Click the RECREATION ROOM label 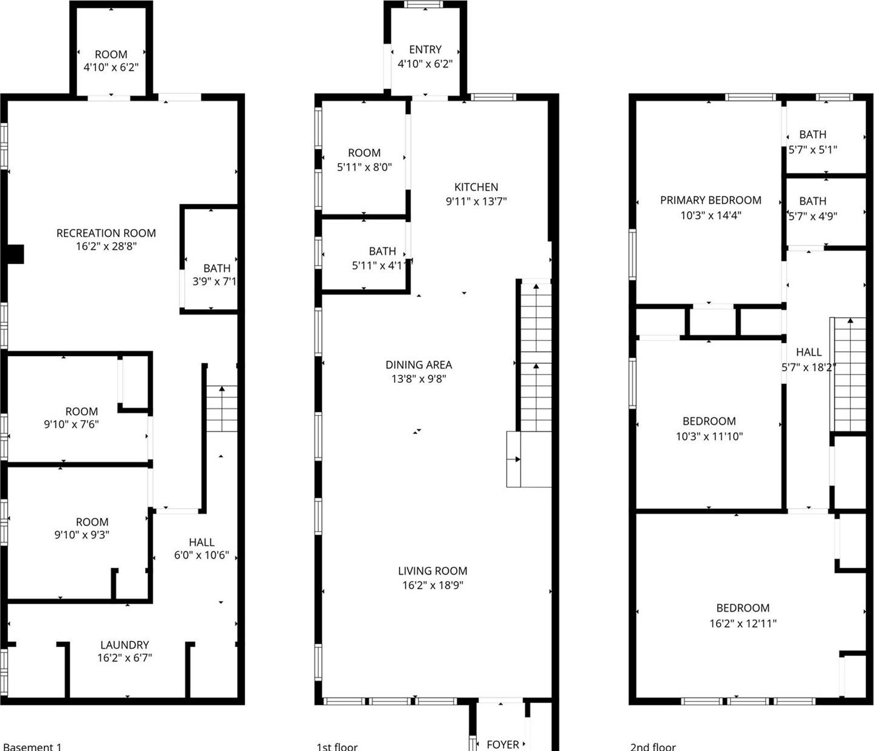click(x=106, y=233)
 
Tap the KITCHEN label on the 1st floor click(x=476, y=187)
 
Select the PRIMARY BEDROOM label click(x=710, y=200)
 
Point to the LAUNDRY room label click(x=125, y=644)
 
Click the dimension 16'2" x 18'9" click(x=432, y=585)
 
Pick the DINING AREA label click(x=418, y=365)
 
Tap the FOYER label click(x=502, y=744)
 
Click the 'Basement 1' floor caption click(x=32, y=746)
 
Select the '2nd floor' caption click(x=653, y=746)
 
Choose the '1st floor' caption click(x=337, y=746)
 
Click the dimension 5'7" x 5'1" click(x=813, y=149)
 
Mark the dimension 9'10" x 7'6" click(x=71, y=424)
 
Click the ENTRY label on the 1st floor click(x=425, y=49)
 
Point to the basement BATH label click(x=217, y=268)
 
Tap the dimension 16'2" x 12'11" click(x=743, y=623)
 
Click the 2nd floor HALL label click(x=808, y=352)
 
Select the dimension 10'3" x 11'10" click(x=709, y=436)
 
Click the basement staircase click(x=221, y=408)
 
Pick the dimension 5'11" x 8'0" click(x=364, y=167)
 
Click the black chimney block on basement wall click(x=15, y=254)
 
